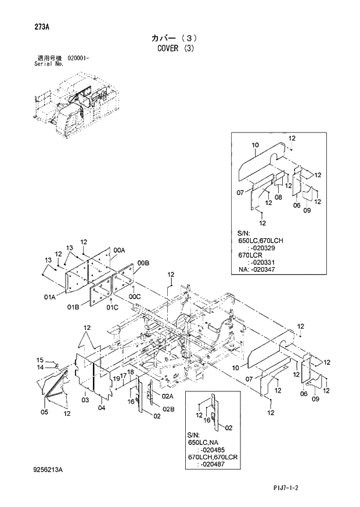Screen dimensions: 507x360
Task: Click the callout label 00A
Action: tap(120, 250)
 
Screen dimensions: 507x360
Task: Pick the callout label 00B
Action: tap(143, 264)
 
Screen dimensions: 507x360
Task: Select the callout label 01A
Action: tap(49, 297)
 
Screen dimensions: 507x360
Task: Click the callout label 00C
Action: tap(135, 296)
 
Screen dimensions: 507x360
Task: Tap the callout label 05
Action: tap(44, 412)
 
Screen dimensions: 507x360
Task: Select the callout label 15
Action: tap(41, 360)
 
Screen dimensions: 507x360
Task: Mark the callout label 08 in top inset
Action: tap(278, 197)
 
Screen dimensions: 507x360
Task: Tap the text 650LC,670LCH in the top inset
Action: tap(260, 240)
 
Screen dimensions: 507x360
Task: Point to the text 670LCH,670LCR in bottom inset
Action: tap(213, 457)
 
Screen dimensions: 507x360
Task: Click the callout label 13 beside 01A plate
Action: tap(49, 260)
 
